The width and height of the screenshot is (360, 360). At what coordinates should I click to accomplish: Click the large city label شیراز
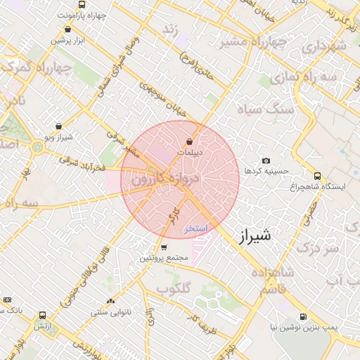[255, 236]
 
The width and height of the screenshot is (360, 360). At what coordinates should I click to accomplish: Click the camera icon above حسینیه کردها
[266, 160]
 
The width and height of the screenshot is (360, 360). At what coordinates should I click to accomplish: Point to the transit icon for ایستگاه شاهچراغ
[318, 176]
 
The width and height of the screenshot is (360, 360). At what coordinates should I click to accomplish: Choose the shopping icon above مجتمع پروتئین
[164, 247]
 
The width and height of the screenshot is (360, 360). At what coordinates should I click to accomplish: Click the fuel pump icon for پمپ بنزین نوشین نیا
[303, 316]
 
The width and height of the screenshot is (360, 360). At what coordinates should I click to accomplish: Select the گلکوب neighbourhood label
[174, 288]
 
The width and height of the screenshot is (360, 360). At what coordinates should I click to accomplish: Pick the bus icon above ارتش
[44, 316]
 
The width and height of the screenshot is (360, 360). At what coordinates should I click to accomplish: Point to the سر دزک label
[313, 248]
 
